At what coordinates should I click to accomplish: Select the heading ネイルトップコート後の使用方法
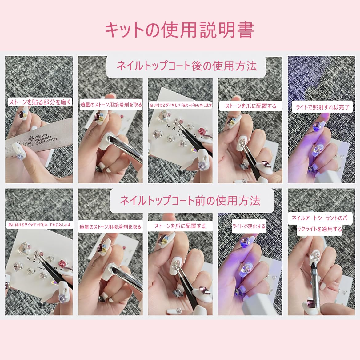pos(186,66)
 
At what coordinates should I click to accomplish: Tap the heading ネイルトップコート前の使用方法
pos(190,201)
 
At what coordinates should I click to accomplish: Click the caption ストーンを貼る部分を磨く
pos(40,102)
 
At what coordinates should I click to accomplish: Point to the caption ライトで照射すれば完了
pos(322,107)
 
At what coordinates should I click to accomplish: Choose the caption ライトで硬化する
pos(249,226)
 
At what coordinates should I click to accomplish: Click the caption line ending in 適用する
pos(319,229)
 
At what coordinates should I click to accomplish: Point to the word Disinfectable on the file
pos(46,142)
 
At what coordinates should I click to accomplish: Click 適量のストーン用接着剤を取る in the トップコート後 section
pos(111,105)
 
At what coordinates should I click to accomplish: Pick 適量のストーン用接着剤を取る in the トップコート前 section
pos(110,227)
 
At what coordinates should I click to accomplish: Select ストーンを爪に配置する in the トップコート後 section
pos(250,106)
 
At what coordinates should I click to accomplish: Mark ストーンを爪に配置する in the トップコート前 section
pos(180,226)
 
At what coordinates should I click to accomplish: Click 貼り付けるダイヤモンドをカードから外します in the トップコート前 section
pos(39,225)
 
